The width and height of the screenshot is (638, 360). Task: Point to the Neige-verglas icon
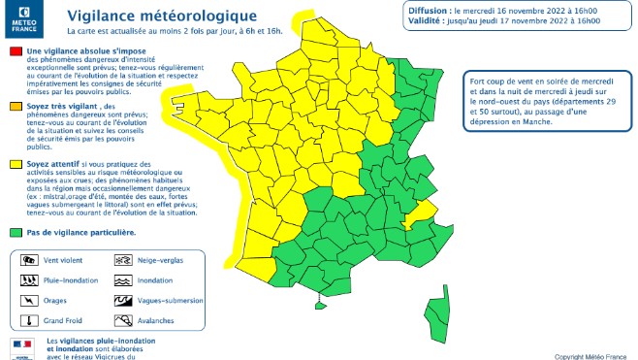pyautogui.click(x=123, y=261)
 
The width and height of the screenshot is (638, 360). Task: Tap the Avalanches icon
pyautogui.click(x=123, y=320)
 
